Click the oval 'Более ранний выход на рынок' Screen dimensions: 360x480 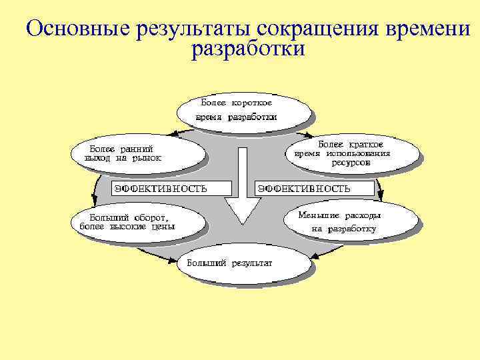(x=136, y=154)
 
